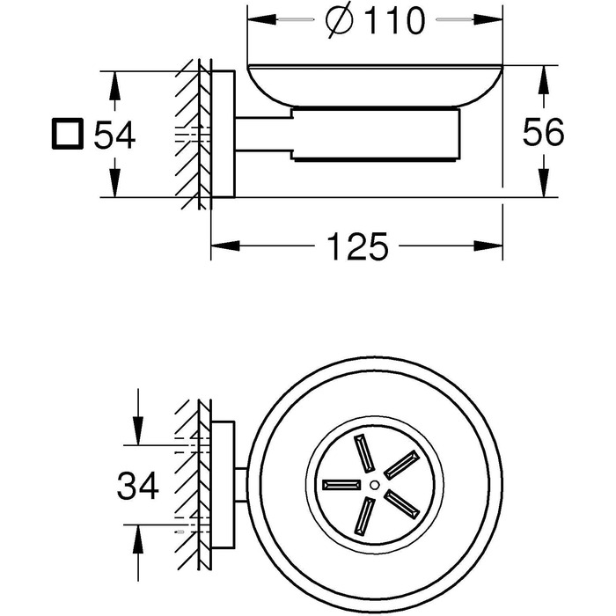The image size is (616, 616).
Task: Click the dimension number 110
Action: (x=395, y=20)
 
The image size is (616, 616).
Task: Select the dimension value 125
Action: (x=357, y=246)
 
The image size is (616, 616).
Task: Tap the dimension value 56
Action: (x=543, y=132)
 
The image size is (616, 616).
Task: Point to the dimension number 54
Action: (x=114, y=135)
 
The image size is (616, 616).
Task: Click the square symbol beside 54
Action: (x=68, y=134)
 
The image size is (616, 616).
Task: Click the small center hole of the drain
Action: (x=374, y=485)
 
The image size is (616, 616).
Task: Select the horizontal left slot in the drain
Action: (x=341, y=485)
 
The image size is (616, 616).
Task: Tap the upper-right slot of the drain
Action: (x=400, y=466)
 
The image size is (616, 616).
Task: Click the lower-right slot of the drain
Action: (x=402, y=502)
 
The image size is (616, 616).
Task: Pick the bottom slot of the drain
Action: (x=364, y=517)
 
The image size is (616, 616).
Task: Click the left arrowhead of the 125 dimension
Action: (x=225, y=246)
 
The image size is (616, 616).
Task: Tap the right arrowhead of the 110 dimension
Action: (x=488, y=19)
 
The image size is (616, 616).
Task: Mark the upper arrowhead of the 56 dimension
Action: (x=543, y=79)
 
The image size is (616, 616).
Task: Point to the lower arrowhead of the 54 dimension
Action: (x=114, y=183)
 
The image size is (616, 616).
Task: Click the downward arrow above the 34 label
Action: (x=138, y=417)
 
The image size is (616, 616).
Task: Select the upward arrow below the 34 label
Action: (x=138, y=553)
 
